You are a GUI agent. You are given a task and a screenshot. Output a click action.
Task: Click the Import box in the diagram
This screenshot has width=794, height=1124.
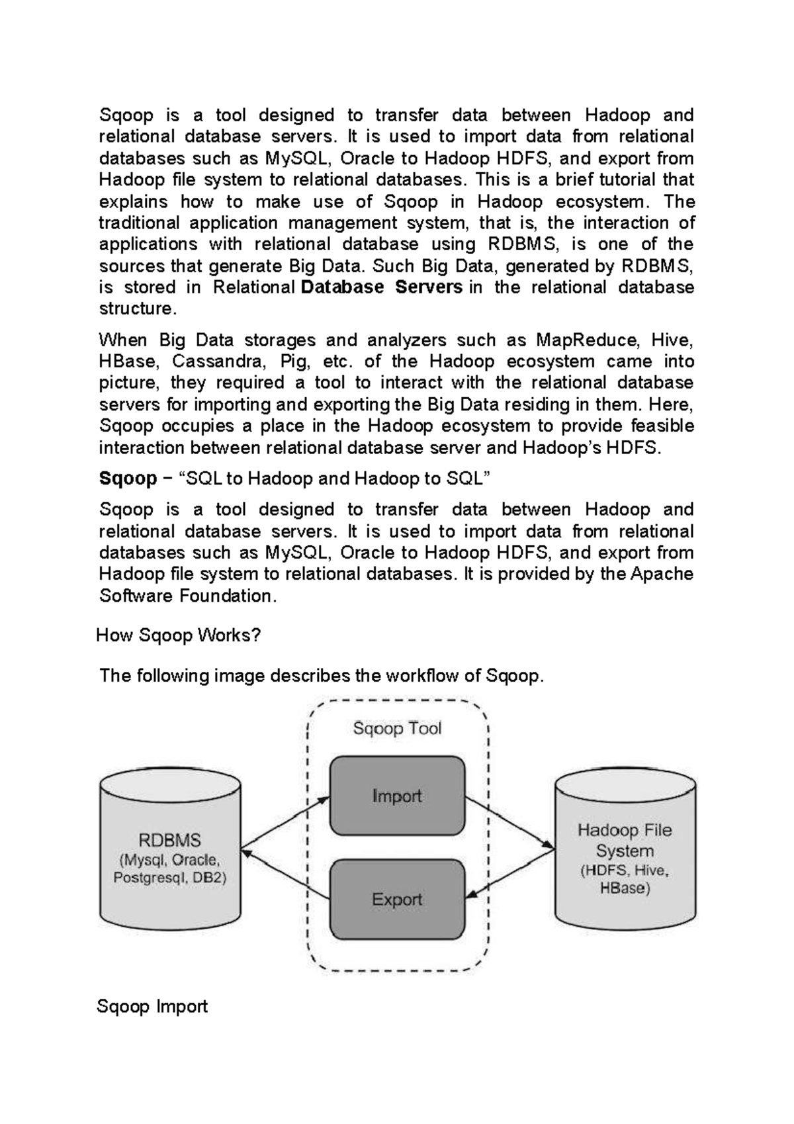click(397, 796)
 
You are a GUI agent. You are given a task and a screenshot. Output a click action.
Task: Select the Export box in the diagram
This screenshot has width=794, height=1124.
click(397, 899)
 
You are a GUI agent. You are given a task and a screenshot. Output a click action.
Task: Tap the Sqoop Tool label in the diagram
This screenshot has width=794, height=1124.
click(397, 728)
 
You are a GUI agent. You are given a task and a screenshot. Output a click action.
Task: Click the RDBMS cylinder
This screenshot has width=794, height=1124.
click(170, 854)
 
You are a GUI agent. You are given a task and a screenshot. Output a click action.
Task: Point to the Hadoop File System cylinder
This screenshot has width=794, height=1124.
click(625, 854)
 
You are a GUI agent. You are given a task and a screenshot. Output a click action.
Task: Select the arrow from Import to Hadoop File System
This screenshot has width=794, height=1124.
click(509, 821)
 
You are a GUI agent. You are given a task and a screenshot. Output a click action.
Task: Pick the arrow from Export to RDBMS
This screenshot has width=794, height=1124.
click(286, 875)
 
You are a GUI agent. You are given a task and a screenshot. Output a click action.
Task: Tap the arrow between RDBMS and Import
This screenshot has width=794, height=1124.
click(286, 823)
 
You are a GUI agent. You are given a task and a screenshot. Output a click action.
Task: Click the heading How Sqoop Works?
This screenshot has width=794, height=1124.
click(179, 635)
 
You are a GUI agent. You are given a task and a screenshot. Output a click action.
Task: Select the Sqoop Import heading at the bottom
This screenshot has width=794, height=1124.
click(152, 1007)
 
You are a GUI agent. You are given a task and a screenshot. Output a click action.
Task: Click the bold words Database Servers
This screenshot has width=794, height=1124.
click(381, 287)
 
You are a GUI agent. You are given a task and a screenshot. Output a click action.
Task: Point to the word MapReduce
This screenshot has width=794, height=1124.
click(587, 340)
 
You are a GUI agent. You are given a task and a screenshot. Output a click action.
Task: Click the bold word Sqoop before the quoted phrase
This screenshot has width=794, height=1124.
click(128, 478)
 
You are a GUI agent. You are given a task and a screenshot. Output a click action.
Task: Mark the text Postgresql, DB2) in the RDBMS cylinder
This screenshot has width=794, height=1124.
click(170, 878)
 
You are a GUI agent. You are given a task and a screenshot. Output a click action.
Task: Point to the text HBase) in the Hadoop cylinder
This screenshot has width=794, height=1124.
click(625, 888)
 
